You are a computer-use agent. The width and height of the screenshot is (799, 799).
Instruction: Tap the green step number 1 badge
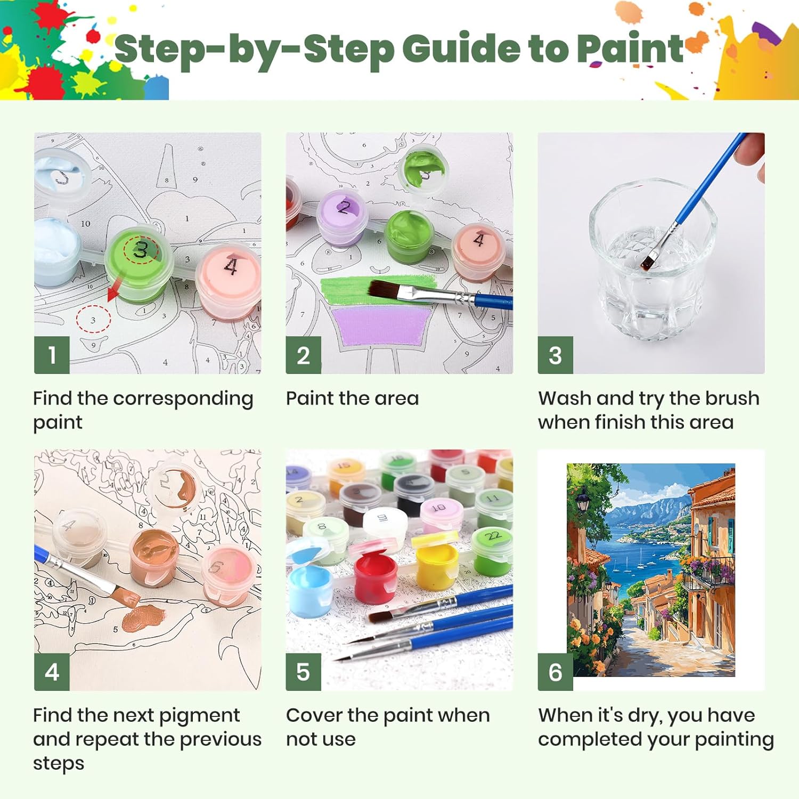point(52,355)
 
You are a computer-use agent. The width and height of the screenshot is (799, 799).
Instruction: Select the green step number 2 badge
point(303,355)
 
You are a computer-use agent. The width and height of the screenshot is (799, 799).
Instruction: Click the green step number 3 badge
point(555,355)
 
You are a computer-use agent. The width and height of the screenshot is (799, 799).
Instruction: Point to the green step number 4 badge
point(52,672)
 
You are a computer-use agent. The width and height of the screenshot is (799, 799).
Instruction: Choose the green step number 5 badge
point(303,672)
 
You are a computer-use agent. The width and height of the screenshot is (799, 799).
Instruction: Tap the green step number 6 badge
point(555,672)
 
